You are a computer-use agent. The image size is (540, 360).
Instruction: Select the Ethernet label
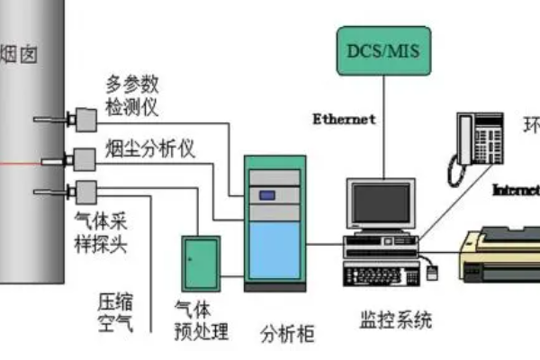(344, 118)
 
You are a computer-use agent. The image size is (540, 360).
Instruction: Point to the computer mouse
(433, 268)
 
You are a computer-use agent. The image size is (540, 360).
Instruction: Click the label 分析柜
(287, 334)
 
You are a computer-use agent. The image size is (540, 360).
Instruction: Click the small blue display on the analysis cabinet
(267, 194)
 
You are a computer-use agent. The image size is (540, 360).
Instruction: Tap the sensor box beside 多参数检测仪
(85, 119)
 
